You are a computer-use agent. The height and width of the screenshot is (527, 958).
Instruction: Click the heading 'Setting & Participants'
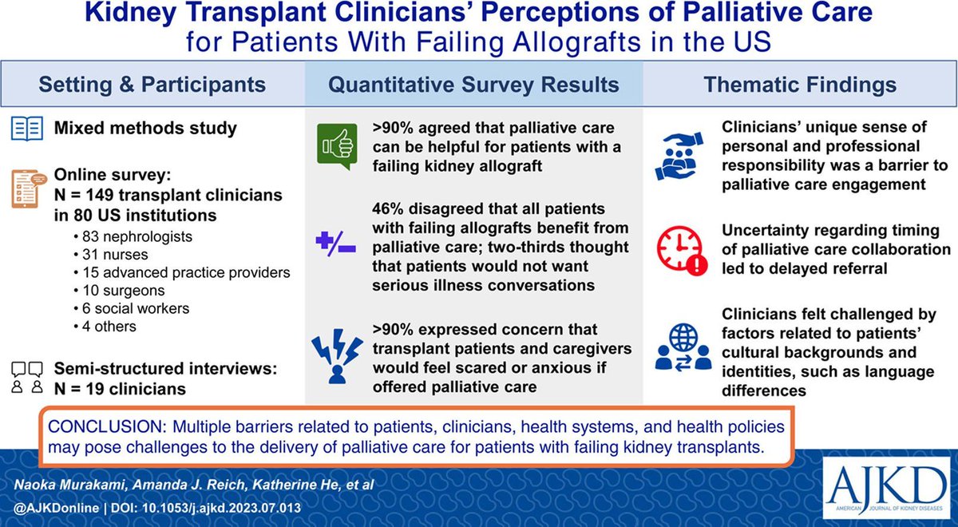(152, 85)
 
